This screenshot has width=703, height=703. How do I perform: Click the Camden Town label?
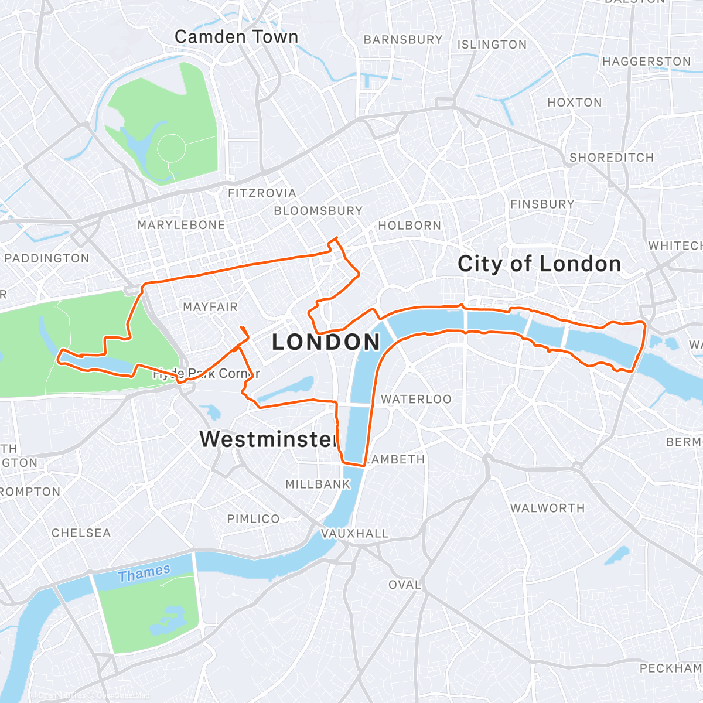click(x=236, y=37)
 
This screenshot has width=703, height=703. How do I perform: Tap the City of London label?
click(x=539, y=264)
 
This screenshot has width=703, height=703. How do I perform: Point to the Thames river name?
click(x=144, y=573)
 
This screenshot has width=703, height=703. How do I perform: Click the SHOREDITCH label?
click(x=611, y=158)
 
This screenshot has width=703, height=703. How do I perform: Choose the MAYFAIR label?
click(x=210, y=307)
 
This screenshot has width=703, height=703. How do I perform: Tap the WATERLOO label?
click(x=416, y=400)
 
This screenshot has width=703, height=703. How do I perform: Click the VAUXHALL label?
click(x=354, y=534)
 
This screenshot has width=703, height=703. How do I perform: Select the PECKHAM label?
click(x=670, y=668)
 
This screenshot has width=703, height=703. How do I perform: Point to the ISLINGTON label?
click(x=492, y=45)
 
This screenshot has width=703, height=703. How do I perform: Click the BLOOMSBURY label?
click(x=318, y=211)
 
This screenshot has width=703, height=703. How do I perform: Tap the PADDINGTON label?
click(x=47, y=258)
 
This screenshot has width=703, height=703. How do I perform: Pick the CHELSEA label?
click(x=81, y=533)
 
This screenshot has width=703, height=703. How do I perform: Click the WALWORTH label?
click(x=547, y=509)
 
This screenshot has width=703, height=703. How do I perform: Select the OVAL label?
click(x=404, y=585)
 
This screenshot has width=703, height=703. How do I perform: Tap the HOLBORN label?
click(x=409, y=226)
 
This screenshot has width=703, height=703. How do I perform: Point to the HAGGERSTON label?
click(x=646, y=62)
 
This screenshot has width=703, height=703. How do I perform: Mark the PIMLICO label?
click(x=253, y=519)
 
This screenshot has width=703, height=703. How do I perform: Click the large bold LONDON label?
click(x=326, y=342)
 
